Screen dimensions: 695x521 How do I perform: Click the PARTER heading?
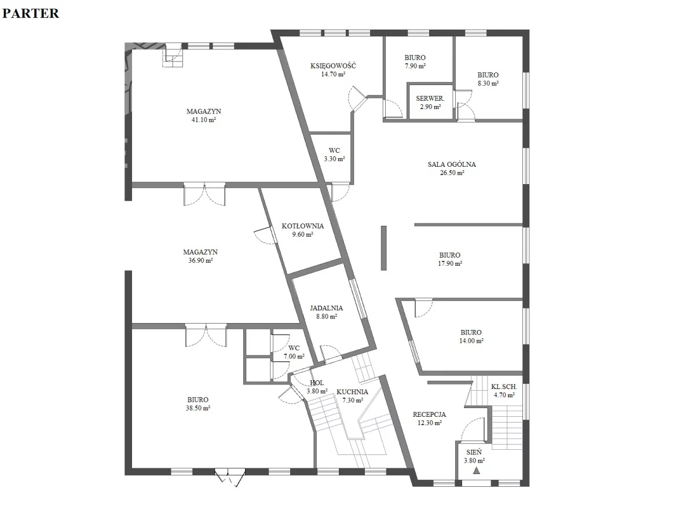(x=31, y=13)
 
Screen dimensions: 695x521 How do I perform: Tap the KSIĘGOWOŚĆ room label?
(x=333, y=66)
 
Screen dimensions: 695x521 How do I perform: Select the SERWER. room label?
(x=430, y=98)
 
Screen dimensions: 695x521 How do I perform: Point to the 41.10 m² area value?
(x=204, y=120)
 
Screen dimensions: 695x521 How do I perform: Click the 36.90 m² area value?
(x=200, y=260)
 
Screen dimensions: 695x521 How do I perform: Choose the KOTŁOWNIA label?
(x=303, y=226)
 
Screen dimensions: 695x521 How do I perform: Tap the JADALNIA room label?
(x=327, y=308)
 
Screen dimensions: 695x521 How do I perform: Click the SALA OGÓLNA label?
(x=452, y=164)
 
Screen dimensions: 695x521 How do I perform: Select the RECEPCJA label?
(x=429, y=414)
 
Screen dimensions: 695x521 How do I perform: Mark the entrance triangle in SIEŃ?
(x=476, y=471)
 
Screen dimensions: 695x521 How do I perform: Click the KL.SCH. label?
(x=504, y=387)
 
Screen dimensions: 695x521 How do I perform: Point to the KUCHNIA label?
(x=352, y=392)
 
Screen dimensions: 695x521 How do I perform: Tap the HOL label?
(x=317, y=383)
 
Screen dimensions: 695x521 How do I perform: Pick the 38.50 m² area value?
(x=198, y=408)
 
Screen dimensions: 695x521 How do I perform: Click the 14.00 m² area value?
(x=471, y=341)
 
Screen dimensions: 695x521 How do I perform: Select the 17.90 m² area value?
(x=450, y=263)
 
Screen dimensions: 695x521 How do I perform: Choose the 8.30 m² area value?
(x=488, y=83)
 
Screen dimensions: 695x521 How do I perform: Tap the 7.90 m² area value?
(x=415, y=66)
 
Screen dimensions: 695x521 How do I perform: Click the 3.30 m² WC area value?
(x=334, y=159)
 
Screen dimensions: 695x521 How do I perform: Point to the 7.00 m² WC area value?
(x=294, y=356)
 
